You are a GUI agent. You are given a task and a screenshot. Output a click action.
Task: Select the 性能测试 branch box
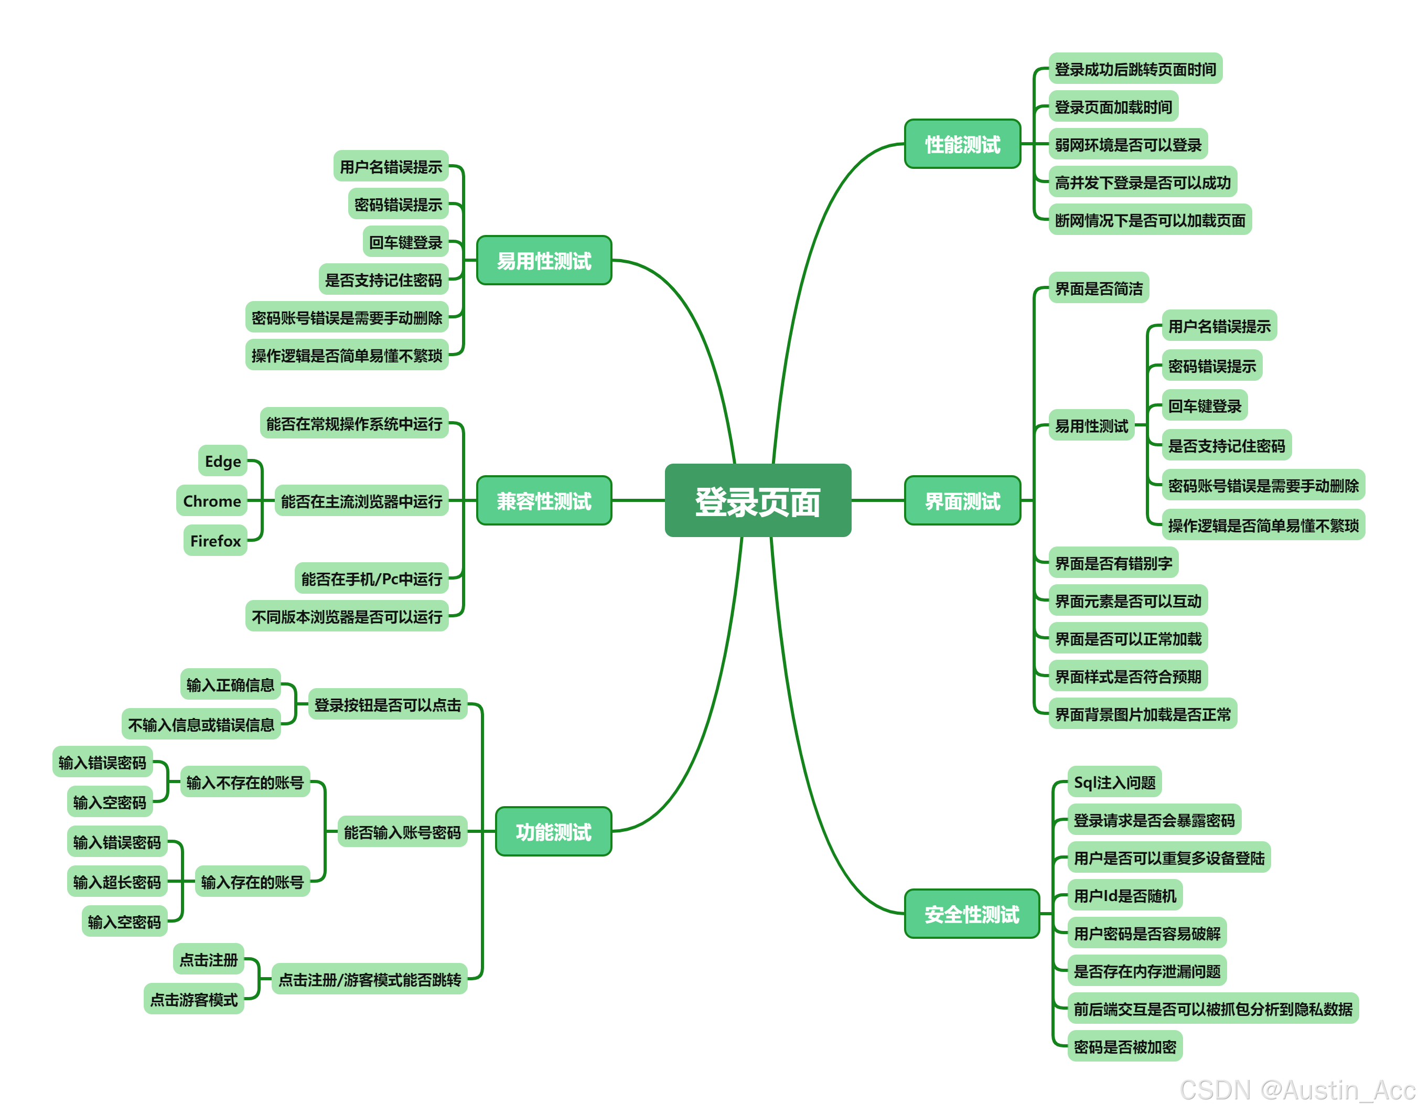pyautogui.click(x=962, y=144)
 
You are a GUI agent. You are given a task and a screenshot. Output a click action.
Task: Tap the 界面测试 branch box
pyautogui.click(x=962, y=500)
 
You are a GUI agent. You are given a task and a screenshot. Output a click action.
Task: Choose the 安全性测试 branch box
pyautogui.click(x=971, y=913)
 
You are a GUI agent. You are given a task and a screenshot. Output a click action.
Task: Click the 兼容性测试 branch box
pyautogui.click(x=544, y=500)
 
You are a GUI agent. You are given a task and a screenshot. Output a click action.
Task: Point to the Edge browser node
pyautogui.click(x=222, y=461)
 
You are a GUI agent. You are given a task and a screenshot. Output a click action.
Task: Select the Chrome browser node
pyautogui.click(x=211, y=500)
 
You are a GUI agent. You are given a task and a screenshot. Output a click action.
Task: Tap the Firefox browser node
pyautogui.click(x=215, y=540)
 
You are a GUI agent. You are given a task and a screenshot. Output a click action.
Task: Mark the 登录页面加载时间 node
pyautogui.click(x=1113, y=106)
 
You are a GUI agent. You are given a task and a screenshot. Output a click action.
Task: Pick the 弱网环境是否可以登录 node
pyautogui.click(x=1127, y=144)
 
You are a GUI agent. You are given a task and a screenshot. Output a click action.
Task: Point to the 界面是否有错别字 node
pyautogui.click(x=1113, y=562)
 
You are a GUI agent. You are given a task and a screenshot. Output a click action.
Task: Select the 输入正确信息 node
pyautogui.click(x=230, y=683)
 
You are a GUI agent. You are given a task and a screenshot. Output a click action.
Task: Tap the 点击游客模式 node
pyautogui.click(x=194, y=999)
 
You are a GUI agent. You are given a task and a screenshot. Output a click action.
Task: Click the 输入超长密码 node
pyautogui.click(x=117, y=881)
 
